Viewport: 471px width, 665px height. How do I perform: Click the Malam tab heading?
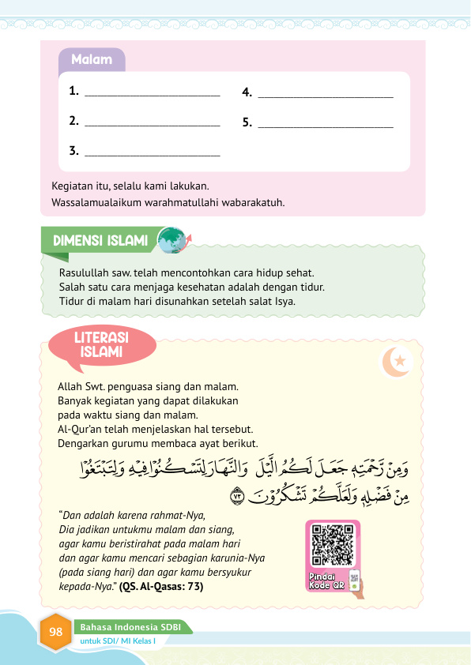pyautogui.click(x=91, y=60)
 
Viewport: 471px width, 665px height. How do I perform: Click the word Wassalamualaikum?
pyautogui.click(x=93, y=203)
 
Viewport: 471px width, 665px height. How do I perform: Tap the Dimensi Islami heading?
pyautogui.click(x=100, y=240)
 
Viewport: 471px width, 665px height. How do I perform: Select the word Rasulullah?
pyautogui.click(x=84, y=272)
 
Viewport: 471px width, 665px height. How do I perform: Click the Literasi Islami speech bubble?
pyautogui.click(x=101, y=344)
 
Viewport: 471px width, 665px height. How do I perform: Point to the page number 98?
pyautogui.click(x=55, y=632)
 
